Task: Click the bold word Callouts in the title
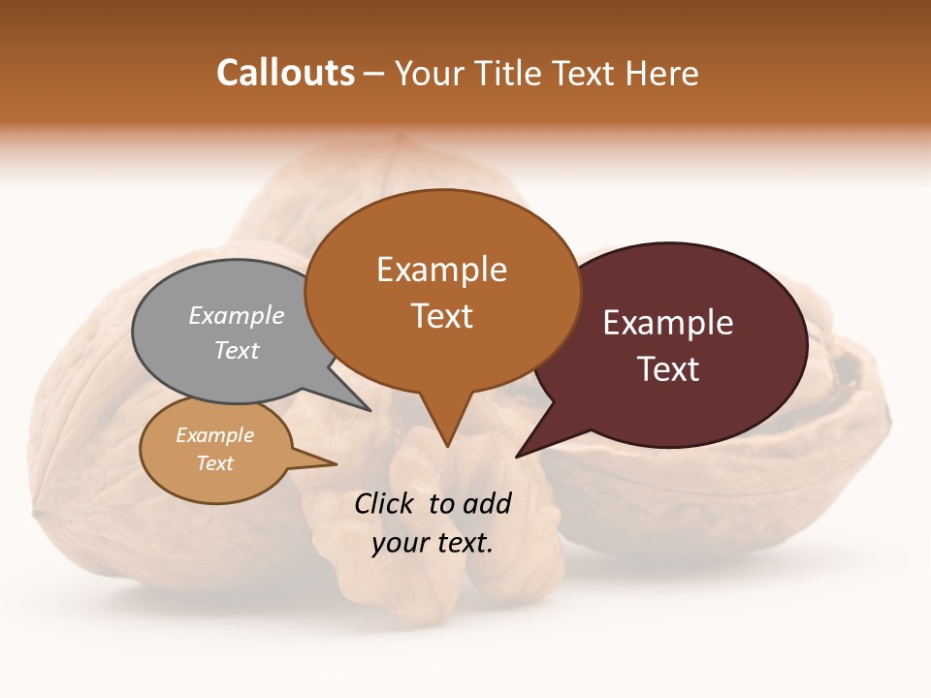pyautogui.click(x=285, y=74)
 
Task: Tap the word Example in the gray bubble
pyautogui.click(x=237, y=316)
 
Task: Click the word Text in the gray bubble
pyautogui.click(x=237, y=351)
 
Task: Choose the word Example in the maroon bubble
pyautogui.click(x=668, y=323)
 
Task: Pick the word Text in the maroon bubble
pyautogui.click(x=668, y=369)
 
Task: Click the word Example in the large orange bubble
pyautogui.click(x=441, y=270)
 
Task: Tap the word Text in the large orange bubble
pyautogui.click(x=442, y=316)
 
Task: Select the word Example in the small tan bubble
pyautogui.click(x=215, y=435)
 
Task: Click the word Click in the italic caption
pyautogui.click(x=385, y=503)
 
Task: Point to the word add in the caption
pyautogui.click(x=487, y=503)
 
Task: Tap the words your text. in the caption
pyautogui.click(x=433, y=543)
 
